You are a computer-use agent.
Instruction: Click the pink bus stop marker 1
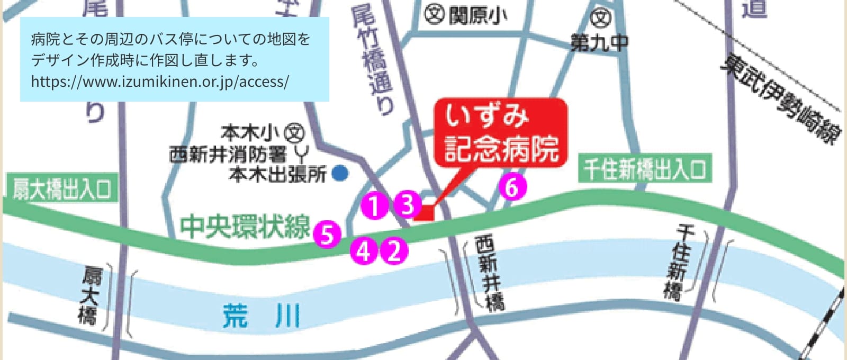click(375, 205)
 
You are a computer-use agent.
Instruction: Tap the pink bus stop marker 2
click(394, 251)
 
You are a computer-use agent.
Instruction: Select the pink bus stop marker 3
click(407, 204)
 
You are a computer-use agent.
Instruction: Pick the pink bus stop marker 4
click(364, 251)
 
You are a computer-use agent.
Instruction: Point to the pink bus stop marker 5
click(327, 234)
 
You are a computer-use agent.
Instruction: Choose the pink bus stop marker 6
click(512, 187)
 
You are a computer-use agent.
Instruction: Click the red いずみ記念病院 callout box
click(500, 132)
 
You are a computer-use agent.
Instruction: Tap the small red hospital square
click(425, 212)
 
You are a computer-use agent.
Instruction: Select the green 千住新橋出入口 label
click(644, 169)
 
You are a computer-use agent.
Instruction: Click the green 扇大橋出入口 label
click(61, 189)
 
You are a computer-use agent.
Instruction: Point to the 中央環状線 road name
click(245, 227)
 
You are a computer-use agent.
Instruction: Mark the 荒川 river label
click(262, 316)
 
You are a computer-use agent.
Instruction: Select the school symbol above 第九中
click(600, 19)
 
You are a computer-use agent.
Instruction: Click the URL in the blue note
click(160, 82)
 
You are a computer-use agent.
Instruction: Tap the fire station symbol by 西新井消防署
click(301, 155)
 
